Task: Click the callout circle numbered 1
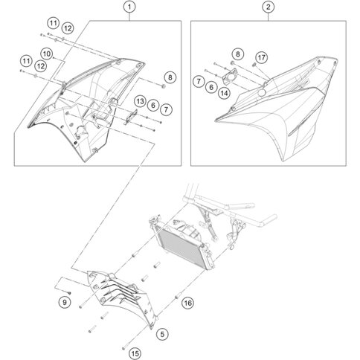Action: point(129,7)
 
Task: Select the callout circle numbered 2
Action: point(269,7)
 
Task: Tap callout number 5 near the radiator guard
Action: point(162,334)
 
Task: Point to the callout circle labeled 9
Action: point(65,302)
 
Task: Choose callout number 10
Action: point(47,54)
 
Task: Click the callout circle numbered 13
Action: point(140,101)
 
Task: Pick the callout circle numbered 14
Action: point(224,93)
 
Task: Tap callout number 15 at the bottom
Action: point(135,353)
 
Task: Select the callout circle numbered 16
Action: point(187,303)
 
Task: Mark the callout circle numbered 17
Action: point(261,57)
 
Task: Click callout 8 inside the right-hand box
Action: point(238,54)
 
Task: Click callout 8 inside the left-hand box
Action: point(170,77)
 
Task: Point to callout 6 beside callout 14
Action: point(211,87)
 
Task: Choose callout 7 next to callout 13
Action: point(166,109)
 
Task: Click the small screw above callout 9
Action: point(68,293)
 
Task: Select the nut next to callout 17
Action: point(254,65)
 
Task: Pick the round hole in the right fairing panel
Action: point(261,93)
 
